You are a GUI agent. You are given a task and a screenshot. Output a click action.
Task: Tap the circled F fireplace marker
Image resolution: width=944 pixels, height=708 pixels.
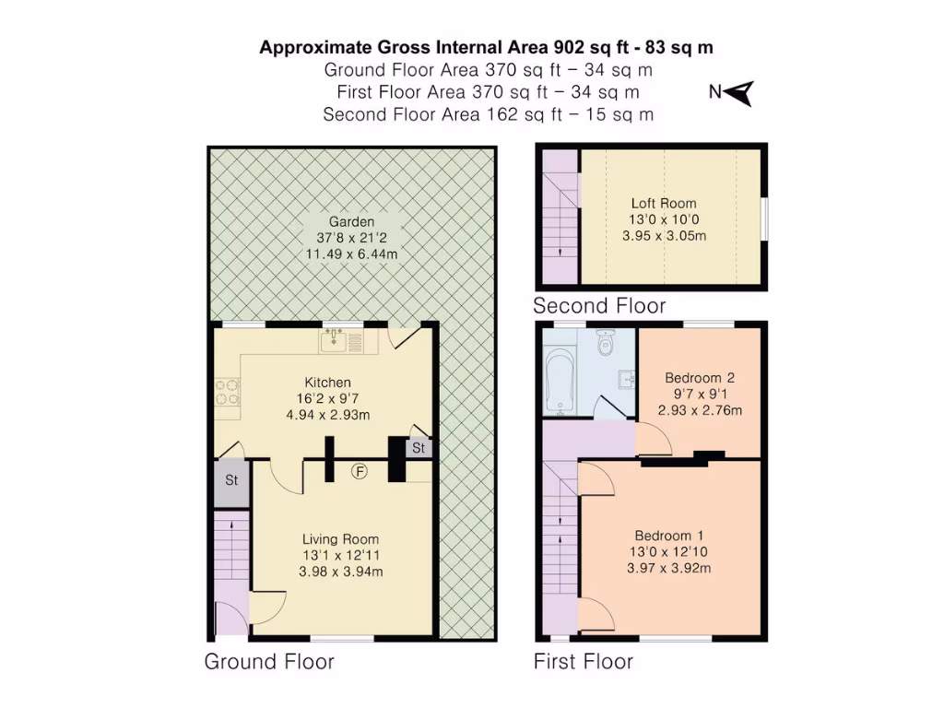360,471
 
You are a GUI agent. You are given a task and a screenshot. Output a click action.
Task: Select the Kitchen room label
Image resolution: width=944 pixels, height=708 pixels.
328,383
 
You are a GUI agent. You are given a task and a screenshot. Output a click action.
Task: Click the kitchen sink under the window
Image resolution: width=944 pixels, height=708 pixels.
336,342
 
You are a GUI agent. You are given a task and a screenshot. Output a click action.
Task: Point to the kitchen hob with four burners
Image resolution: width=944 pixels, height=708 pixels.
228,393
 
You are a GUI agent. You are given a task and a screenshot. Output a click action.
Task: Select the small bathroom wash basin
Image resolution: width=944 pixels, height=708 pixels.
627,379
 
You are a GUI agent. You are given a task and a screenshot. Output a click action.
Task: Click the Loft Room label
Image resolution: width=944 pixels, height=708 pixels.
664,204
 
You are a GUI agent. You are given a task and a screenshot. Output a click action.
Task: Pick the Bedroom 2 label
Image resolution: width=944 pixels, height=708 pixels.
700,378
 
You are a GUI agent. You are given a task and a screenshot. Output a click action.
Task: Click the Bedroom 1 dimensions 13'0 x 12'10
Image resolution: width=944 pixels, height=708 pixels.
668,552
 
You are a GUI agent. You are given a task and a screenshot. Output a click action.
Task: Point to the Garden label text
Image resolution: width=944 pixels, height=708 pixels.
352,222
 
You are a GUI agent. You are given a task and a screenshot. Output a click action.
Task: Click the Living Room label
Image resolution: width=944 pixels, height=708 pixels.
340,539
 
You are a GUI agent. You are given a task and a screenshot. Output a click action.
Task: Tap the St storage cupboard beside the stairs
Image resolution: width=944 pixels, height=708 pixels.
231,481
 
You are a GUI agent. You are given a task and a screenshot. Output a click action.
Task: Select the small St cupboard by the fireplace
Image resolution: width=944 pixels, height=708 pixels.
419,449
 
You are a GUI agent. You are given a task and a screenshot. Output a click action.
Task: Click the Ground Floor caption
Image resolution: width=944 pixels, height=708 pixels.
268,661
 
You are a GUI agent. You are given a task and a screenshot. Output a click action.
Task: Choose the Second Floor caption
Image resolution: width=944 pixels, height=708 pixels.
599,306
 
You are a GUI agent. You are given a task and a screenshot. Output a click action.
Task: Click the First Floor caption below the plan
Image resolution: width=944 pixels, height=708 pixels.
583,661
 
